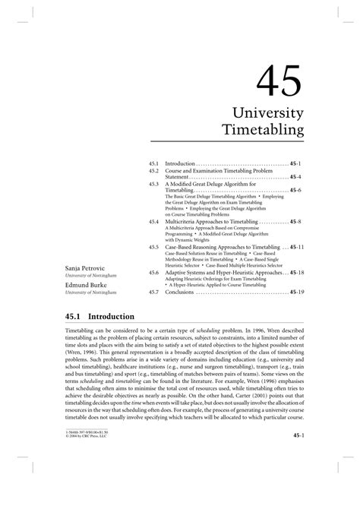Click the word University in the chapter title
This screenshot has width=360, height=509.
tap(270, 112)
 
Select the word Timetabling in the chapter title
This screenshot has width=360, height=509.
tap(262, 131)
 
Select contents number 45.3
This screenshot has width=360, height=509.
tap(153, 184)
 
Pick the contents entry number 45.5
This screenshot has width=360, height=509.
tap(153, 247)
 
